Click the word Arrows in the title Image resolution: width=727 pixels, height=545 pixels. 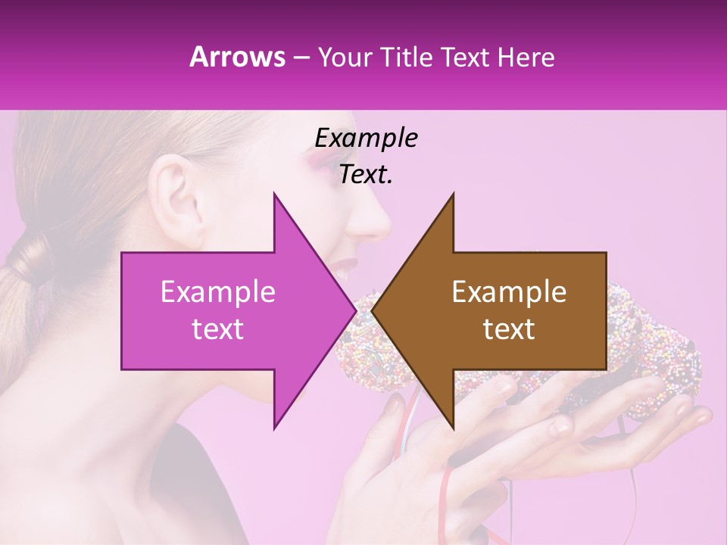point(237,57)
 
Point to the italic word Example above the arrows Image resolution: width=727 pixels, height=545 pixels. point(366,138)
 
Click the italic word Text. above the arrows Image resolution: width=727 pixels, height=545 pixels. point(366,174)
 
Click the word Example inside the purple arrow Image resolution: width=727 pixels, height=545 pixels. point(218,292)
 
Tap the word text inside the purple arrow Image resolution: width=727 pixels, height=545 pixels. point(218,329)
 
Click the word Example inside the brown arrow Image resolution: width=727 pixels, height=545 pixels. point(509,292)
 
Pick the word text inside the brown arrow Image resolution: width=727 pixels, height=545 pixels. point(509,329)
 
